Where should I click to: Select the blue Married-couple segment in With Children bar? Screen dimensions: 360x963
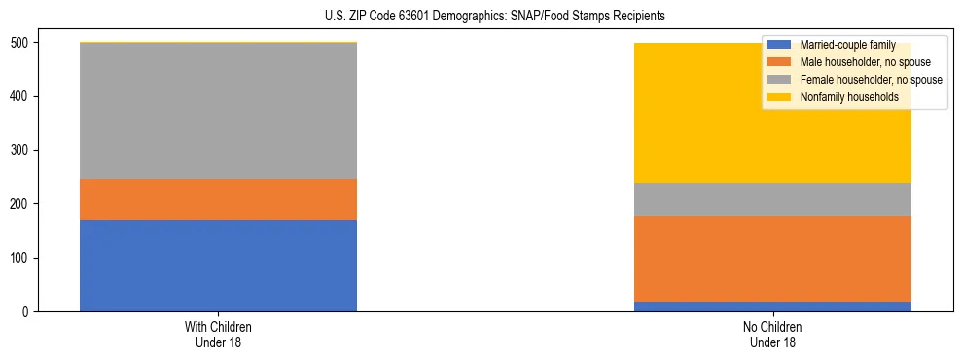point(218,266)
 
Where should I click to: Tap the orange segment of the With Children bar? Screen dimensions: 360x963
point(218,199)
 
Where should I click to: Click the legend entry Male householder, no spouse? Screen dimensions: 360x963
point(855,62)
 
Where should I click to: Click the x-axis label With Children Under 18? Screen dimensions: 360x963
point(218,334)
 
